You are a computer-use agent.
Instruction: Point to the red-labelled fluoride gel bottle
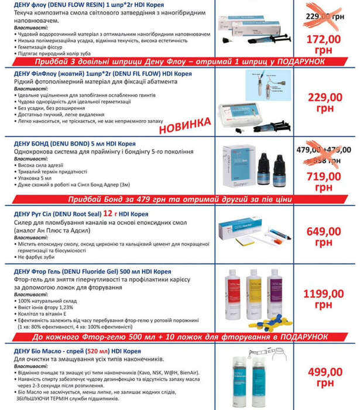click(x=234, y=293)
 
